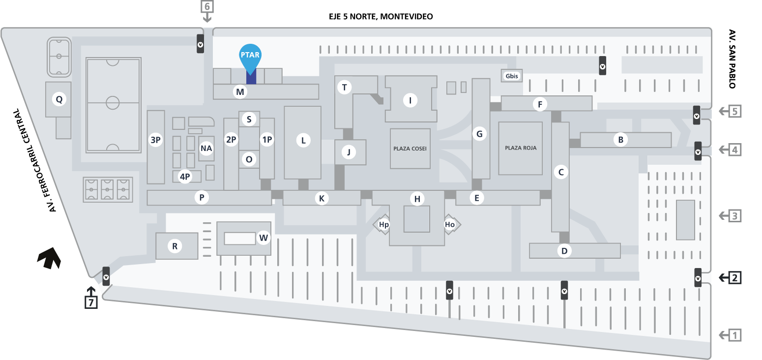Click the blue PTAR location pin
(250, 57)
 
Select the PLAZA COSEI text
(410, 149)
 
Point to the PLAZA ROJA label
(521, 148)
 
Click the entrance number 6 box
(207, 7)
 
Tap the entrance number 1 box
(734, 335)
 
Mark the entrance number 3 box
(734, 215)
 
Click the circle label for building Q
(59, 99)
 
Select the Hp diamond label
(384, 225)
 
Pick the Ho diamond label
(450, 225)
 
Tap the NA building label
(206, 148)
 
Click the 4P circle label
(185, 177)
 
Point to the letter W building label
(264, 238)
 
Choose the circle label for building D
(564, 251)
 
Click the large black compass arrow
(50, 258)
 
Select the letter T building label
(344, 88)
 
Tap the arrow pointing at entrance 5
(723, 112)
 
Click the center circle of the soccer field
(113, 103)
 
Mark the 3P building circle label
(156, 140)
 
